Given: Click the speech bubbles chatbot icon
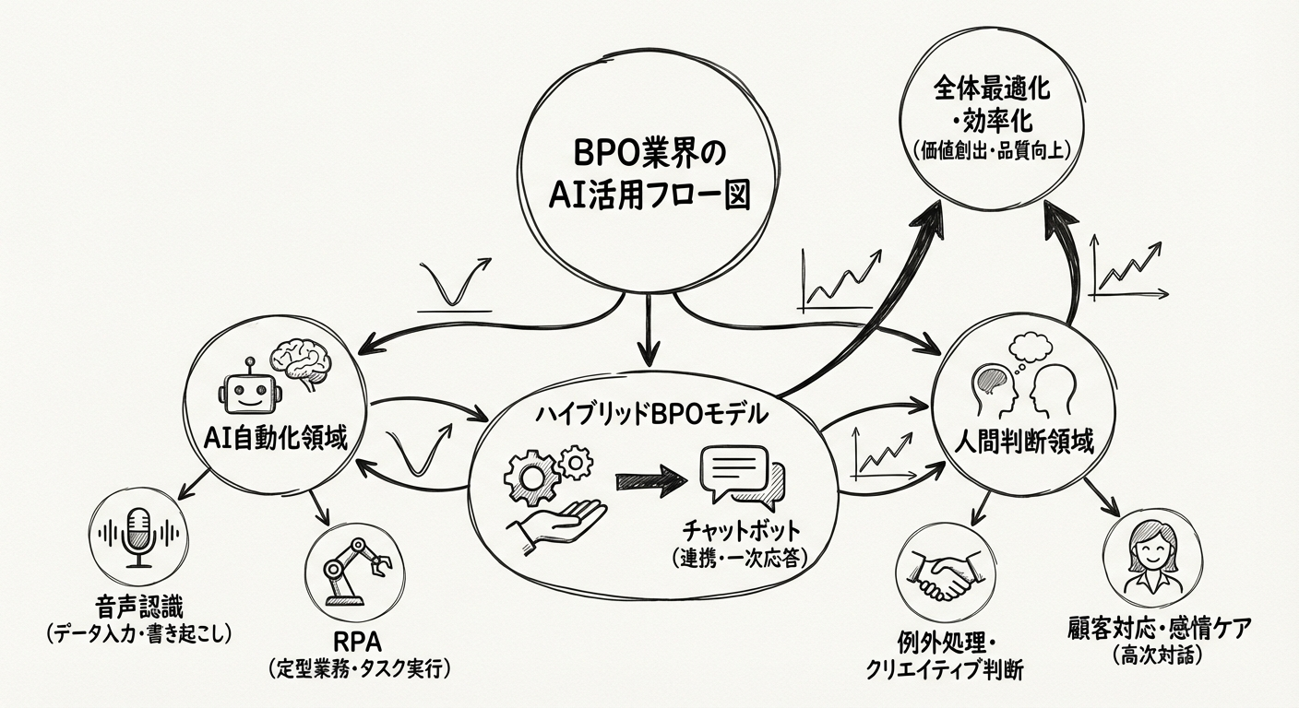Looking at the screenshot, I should point(740,474).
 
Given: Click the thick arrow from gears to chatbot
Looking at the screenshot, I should point(650,480).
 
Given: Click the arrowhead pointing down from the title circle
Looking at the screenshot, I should point(650,349).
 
